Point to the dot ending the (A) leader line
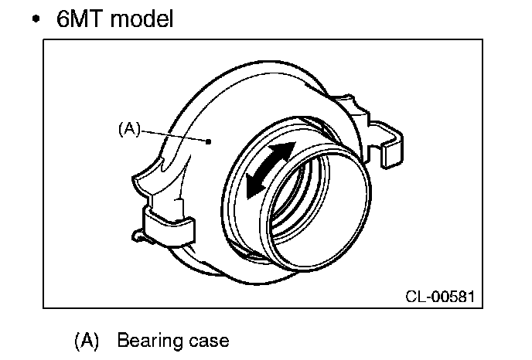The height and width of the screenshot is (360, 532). pos(210,141)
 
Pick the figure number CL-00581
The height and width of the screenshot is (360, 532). pos(439,295)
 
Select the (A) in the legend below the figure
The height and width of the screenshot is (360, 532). pos(87,340)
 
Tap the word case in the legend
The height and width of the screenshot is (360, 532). pos(210,341)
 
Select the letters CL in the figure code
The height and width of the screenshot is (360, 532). pos(414,295)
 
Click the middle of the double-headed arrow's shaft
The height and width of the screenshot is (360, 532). pos(268,168)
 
